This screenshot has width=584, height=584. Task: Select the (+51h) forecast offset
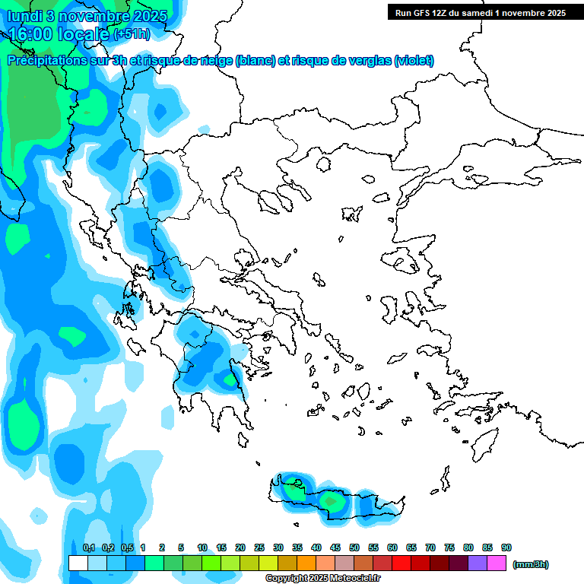132,34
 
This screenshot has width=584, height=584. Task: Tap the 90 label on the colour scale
506,547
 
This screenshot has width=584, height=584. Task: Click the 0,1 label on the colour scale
88,547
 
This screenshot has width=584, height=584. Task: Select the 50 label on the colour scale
354,547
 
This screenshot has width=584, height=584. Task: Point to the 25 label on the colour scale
259,547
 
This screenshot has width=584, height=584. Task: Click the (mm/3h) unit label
530,564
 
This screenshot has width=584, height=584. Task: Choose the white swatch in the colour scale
78,563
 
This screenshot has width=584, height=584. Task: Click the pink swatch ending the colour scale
497,563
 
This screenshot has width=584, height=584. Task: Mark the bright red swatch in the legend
401,563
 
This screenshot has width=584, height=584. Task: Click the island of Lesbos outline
405,262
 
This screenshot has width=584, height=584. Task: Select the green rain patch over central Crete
331,501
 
